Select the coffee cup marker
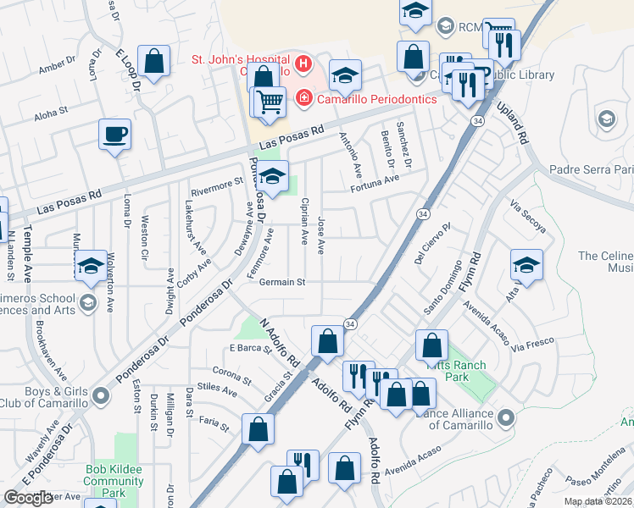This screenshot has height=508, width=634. coord(115,134)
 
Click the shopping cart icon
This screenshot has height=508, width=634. coord(270,102)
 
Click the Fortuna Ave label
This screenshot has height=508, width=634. coord(375,180)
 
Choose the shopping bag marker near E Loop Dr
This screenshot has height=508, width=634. coord(153,62)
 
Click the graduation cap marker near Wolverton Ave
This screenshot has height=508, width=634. coord(91,267)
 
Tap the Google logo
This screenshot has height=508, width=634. coord(28,498)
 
